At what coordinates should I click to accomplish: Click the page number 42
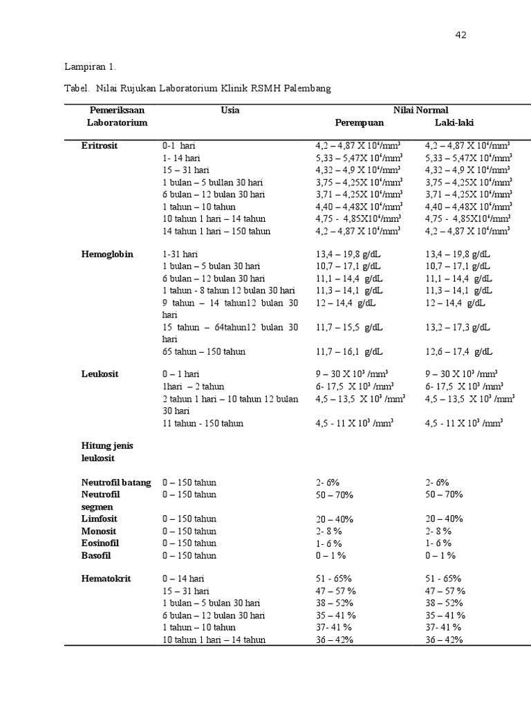(x=460, y=35)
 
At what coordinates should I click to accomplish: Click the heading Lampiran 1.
(x=91, y=67)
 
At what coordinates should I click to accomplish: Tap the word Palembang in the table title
(x=305, y=88)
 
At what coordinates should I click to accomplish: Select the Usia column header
(x=230, y=110)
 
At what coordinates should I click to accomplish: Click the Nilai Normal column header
(x=420, y=110)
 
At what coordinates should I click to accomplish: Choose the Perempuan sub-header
(x=359, y=122)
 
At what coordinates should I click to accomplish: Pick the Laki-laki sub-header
(x=454, y=122)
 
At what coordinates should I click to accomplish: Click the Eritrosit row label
(x=100, y=146)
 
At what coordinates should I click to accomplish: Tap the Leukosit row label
(x=100, y=374)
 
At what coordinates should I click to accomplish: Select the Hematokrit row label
(x=106, y=579)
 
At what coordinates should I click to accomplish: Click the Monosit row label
(x=98, y=531)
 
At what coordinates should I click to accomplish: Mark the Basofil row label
(x=96, y=555)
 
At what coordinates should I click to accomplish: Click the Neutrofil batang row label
(x=116, y=483)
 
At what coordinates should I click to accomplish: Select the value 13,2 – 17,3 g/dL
(x=458, y=327)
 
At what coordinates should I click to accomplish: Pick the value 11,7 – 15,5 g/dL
(x=349, y=327)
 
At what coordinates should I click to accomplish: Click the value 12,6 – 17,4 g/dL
(x=458, y=351)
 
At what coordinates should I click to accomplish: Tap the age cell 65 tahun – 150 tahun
(x=204, y=351)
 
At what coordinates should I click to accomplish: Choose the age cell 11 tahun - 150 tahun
(x=203, y=423)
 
